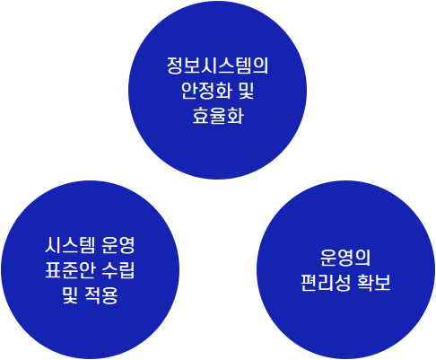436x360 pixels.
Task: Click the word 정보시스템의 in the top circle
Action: pos(217,66)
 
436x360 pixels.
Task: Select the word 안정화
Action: pos(206,91)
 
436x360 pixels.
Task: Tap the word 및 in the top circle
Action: pos(247,91)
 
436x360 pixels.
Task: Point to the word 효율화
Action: pos(217,116)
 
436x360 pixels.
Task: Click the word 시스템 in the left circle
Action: pos(70,245)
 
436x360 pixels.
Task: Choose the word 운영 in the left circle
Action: pos(118,245)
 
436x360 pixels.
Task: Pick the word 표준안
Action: pos(70,270)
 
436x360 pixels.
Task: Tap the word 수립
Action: pos(118,270)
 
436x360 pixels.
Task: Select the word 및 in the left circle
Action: pos(70,295)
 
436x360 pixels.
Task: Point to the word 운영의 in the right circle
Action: pos(345,258)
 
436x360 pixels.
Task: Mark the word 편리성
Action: pos(326,283)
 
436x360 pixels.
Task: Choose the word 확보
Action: pos(374,283)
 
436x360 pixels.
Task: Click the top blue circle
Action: pos(217,90)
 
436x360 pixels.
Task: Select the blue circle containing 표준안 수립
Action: pos(90,269)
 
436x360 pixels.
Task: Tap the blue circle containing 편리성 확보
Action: pos(345,269)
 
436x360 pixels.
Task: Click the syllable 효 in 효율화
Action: pos(200,116)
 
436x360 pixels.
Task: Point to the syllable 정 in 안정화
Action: pos(206,91)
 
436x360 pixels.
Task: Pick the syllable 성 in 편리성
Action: pos(343,283)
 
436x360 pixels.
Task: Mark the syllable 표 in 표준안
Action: pos(54,270)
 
